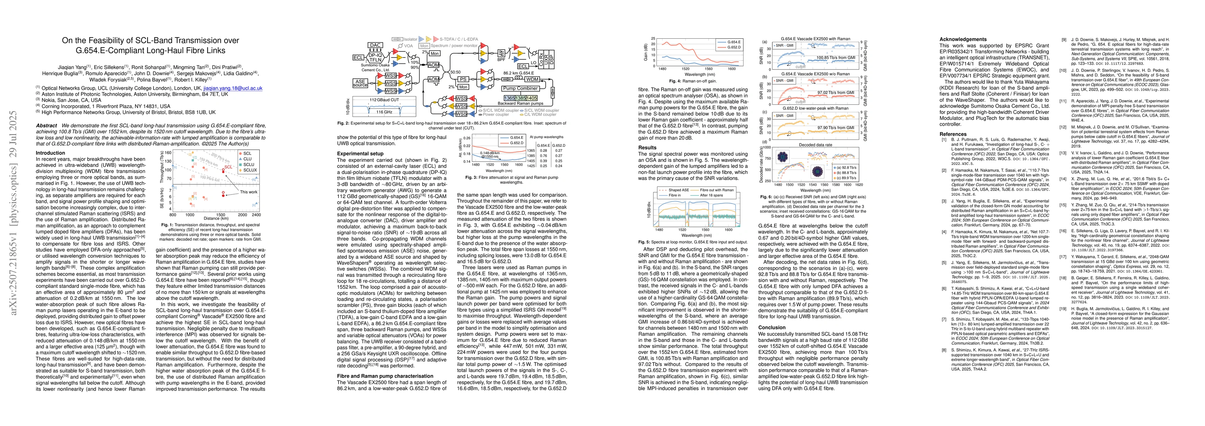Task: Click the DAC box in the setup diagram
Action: pos(375,45)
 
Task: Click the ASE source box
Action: pos(360,83)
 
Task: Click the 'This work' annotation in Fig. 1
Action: pos(248,192)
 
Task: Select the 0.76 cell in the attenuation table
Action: pos(544,156)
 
